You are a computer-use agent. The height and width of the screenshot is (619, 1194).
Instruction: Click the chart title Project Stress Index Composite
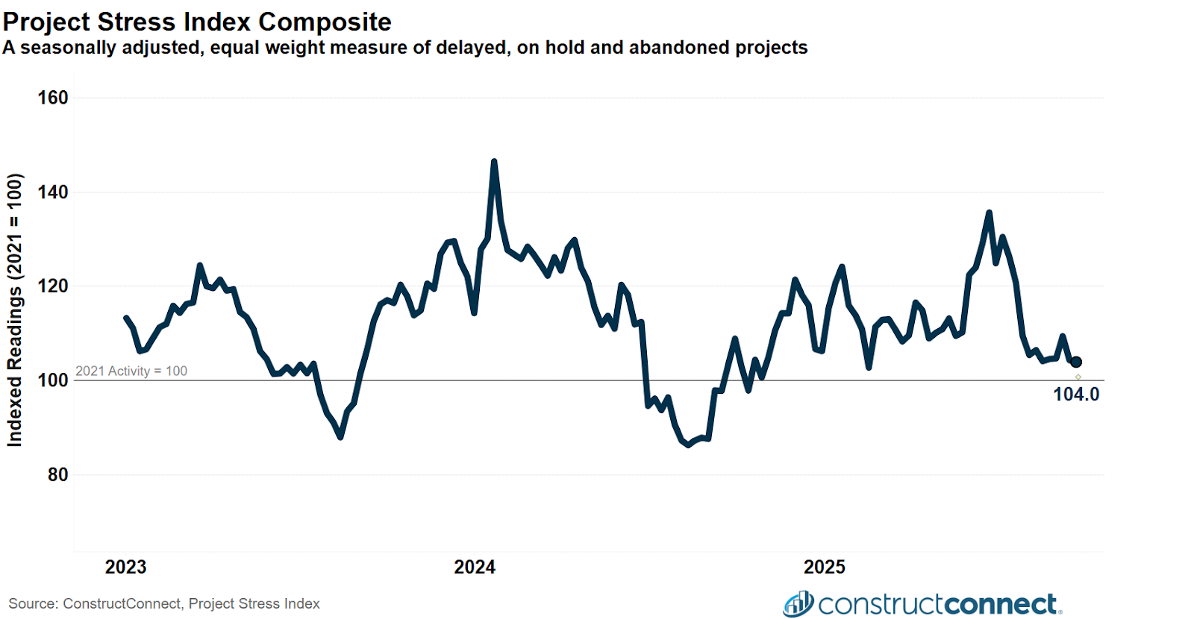point(197,22)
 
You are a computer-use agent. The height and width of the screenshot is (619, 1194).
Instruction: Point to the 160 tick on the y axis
point(53,98)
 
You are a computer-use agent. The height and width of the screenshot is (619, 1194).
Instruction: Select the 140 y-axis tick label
point(53,192)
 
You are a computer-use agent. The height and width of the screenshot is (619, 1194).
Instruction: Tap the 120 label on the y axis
point(53,286)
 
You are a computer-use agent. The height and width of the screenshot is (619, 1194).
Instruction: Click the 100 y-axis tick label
point(53,380)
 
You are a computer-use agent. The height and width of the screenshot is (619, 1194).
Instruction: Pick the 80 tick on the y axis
point(57,475)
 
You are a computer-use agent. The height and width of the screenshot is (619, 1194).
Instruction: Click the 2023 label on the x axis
point(126,568)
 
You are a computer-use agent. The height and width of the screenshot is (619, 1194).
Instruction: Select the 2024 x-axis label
point(475,568)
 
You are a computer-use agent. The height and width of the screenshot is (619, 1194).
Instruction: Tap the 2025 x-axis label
point(824,568)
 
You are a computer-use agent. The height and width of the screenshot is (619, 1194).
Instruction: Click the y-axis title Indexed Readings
point(15,310)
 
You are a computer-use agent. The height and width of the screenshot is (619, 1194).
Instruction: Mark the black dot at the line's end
point(1076,362)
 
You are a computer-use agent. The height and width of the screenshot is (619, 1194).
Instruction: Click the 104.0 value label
point(1076,395)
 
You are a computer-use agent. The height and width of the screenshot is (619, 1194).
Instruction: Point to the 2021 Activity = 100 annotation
point(131,371)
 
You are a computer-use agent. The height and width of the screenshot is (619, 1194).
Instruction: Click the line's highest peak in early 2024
point(494,161)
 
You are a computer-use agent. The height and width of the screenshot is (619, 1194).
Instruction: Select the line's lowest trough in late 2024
point(688,445)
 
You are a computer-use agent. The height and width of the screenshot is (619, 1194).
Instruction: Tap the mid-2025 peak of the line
point(990,213)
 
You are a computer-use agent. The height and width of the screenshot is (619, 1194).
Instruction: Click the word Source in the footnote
point(33,603)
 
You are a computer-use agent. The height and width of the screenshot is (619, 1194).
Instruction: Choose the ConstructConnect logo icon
point(798,603)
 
